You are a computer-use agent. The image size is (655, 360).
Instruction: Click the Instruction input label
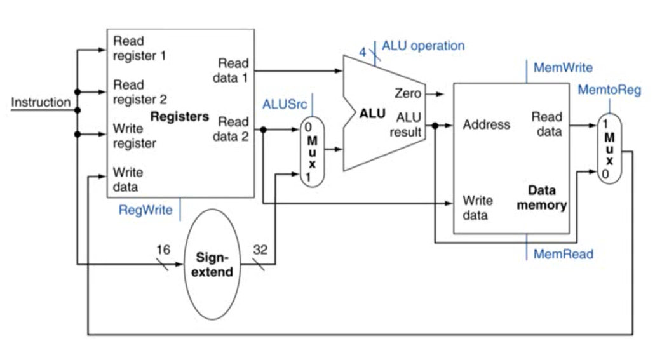(41, 102)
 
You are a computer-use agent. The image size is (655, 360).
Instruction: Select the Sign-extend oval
(215, 265)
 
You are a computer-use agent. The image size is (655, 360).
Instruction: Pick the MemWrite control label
(563, 67)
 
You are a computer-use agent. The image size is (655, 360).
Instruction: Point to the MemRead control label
(563, 254)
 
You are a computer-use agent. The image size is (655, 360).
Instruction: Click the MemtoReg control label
(609, 90)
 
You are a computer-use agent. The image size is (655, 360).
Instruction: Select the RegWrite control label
(145, 210)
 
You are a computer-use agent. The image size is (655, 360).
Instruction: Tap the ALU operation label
(422, 46)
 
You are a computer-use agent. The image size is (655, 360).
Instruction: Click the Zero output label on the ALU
(408, 93)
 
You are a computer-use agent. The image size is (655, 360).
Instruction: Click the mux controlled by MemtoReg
(609, 149)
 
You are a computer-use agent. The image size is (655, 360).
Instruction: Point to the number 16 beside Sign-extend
(163, 250)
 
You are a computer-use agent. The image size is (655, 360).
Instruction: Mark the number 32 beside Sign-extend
(260, 250)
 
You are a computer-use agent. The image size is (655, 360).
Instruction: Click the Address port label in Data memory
(486, 124)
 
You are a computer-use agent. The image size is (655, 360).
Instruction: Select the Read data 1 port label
(233, 70)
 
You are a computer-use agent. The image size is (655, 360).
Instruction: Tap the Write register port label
(134, 135)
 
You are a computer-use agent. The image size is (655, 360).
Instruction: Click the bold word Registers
(179, 117)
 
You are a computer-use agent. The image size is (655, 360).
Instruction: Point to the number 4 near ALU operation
(363, 51)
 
